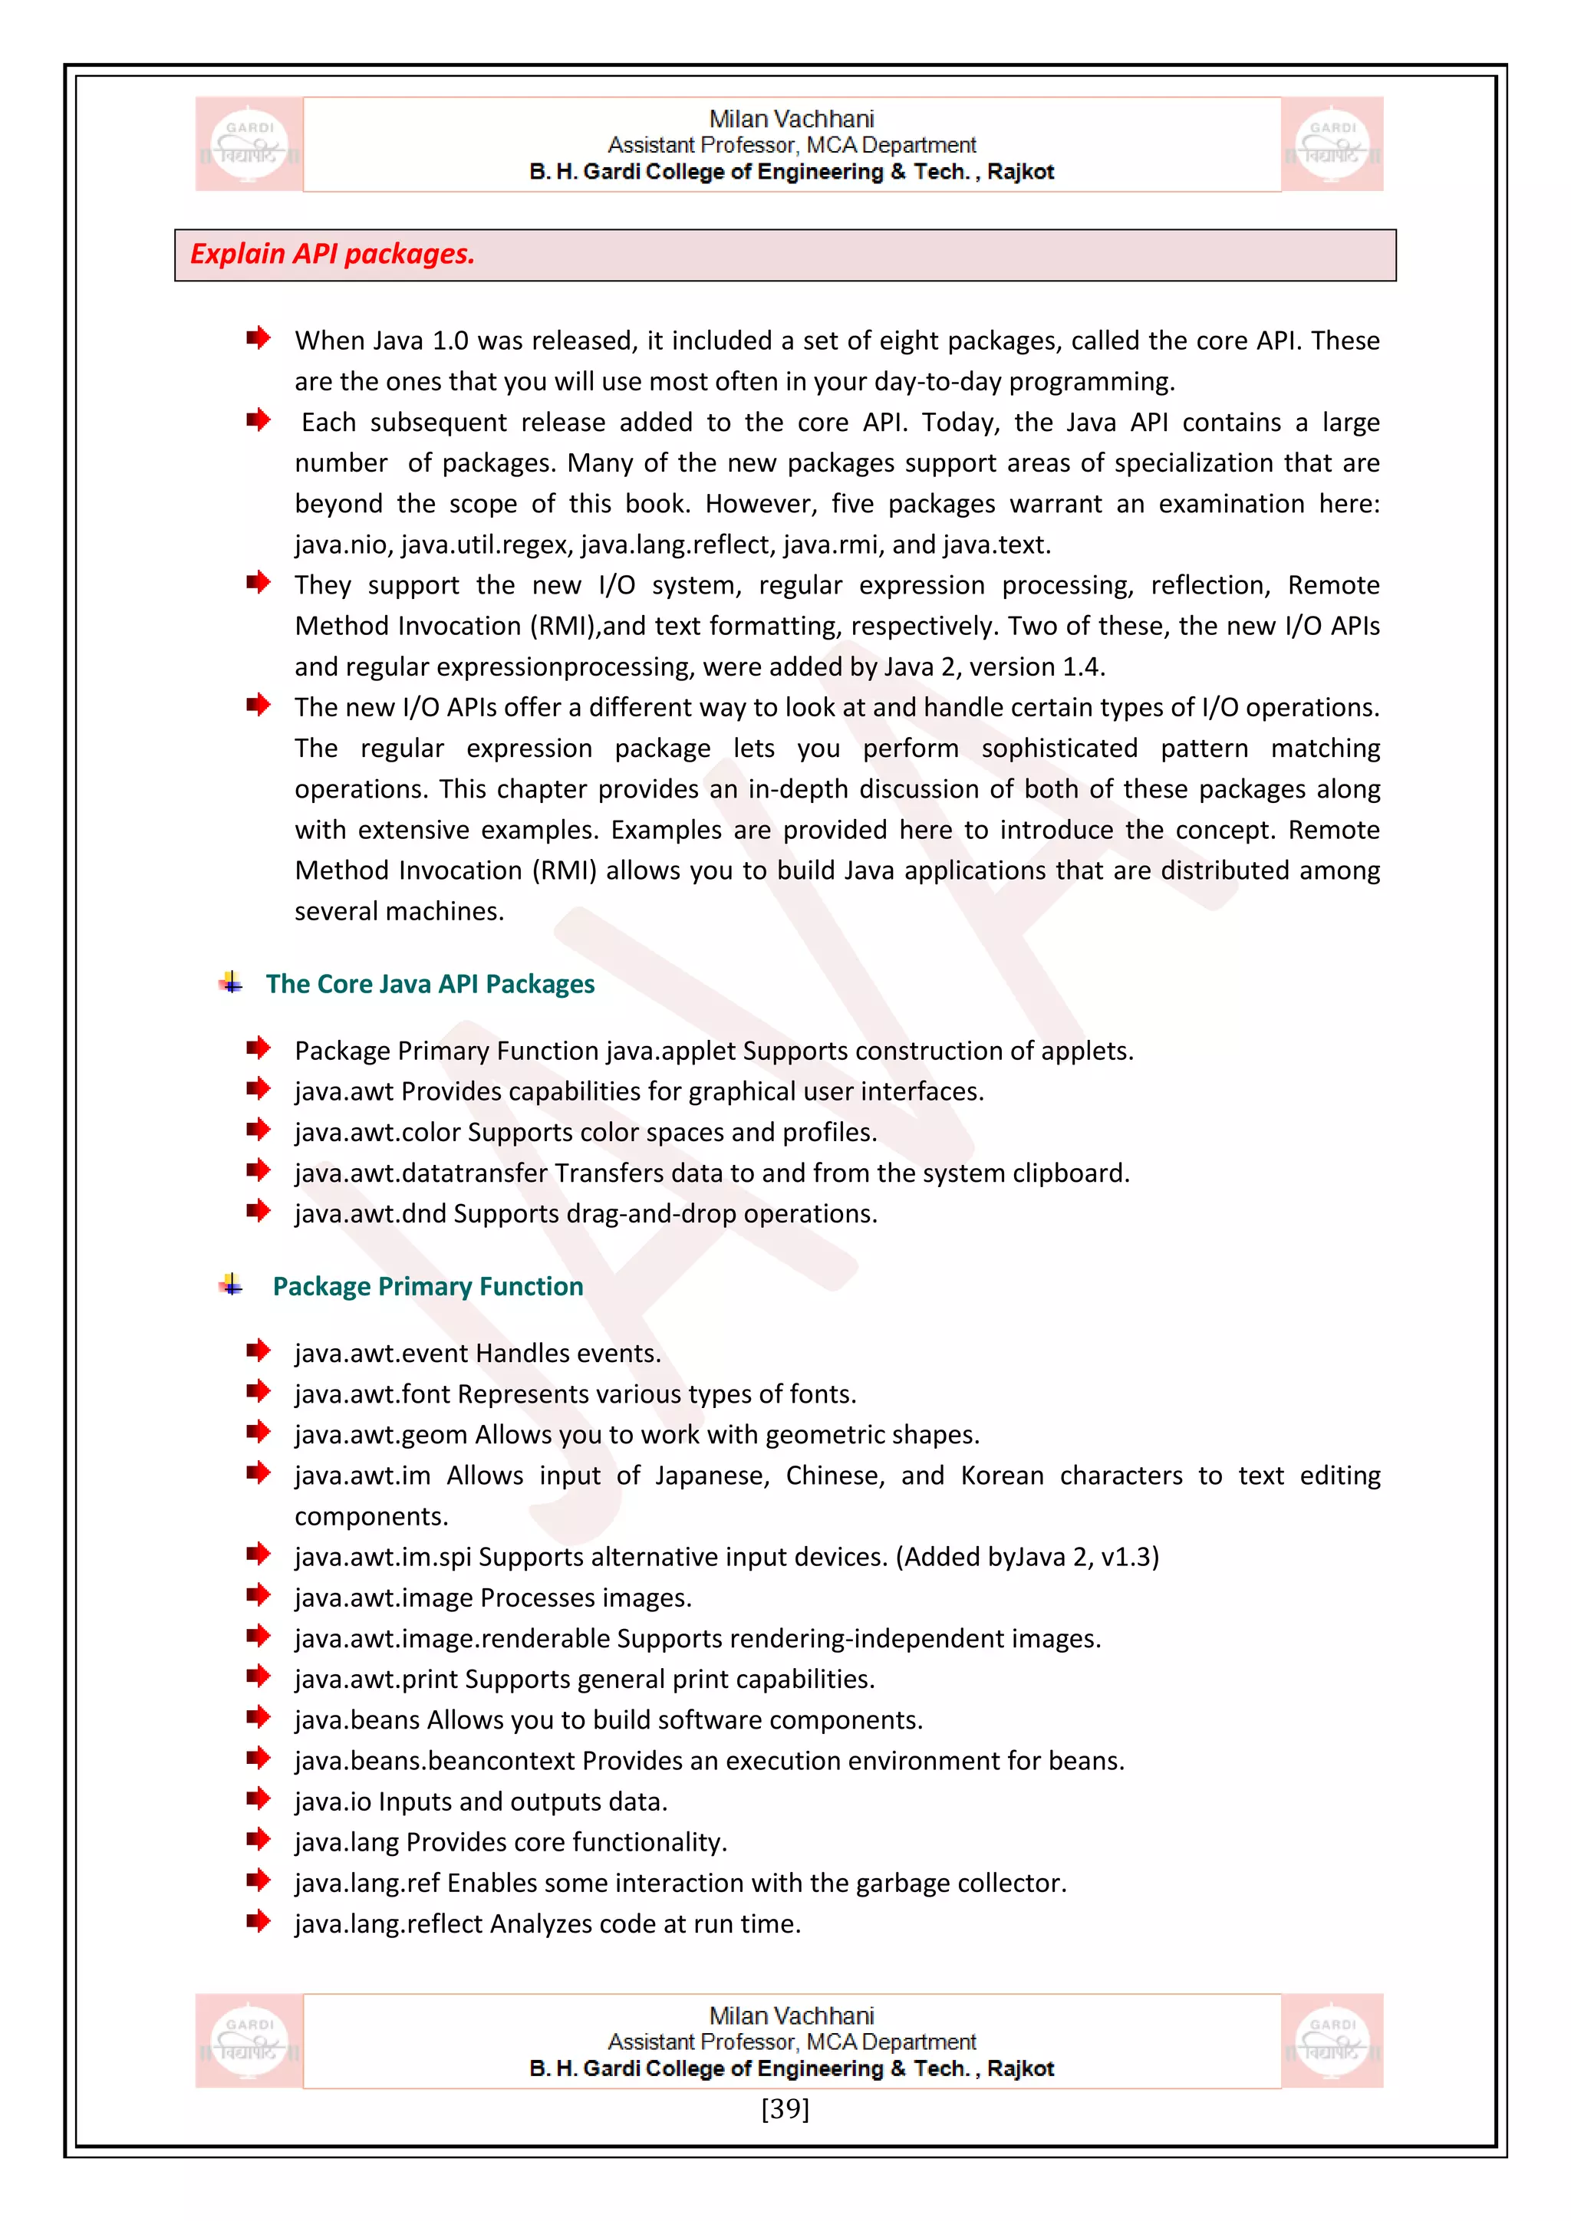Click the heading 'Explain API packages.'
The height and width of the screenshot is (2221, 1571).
(332, 255)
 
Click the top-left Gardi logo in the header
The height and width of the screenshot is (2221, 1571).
(249, 144)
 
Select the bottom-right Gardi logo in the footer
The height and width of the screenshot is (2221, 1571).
(1332, 2041)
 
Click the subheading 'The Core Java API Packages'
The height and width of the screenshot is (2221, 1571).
(430, 984)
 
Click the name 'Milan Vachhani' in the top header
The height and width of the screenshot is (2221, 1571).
(792, 119)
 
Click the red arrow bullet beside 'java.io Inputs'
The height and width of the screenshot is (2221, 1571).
(257, 1799)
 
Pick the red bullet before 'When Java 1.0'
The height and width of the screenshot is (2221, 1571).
(257, 337)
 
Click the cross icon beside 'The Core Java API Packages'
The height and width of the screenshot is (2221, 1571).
(230, 983)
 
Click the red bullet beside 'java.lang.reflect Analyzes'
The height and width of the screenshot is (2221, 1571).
(257, 1921)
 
